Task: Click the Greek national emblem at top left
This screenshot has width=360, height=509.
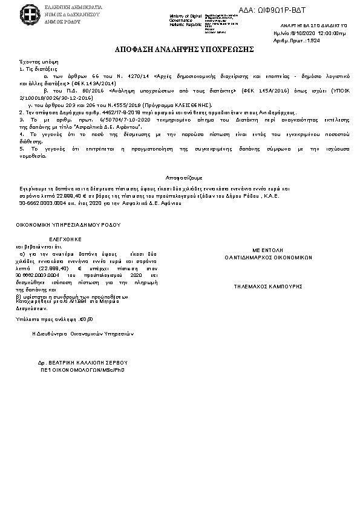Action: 29,13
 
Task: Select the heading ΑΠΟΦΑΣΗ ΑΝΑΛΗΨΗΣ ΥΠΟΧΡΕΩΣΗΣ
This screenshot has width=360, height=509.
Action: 180,48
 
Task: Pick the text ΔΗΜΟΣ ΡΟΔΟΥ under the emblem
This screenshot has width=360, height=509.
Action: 59,20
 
